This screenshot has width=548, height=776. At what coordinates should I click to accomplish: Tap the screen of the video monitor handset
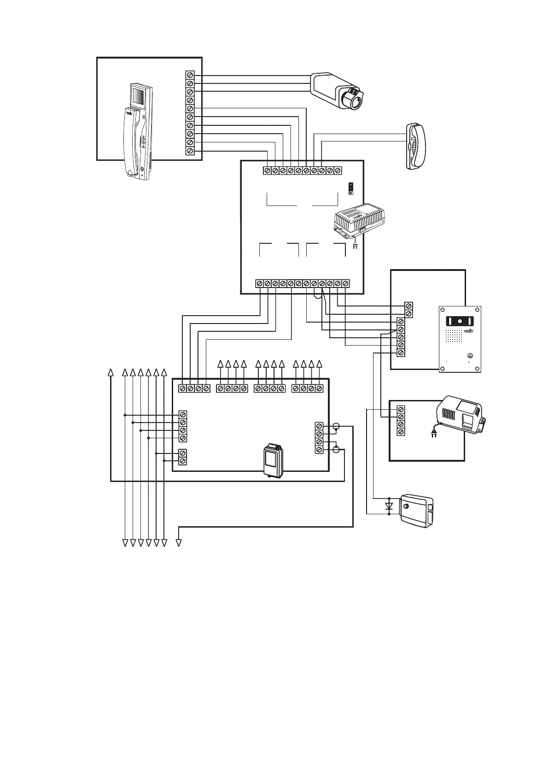138,97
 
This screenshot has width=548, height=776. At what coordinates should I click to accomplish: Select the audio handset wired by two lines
416,146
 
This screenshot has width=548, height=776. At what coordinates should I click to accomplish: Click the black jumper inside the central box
351,188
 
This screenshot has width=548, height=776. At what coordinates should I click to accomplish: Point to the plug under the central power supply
355,246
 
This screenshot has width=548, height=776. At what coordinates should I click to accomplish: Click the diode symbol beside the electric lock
389,506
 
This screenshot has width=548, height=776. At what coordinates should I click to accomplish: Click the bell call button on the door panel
470,355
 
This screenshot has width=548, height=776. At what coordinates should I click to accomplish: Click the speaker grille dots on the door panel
454,336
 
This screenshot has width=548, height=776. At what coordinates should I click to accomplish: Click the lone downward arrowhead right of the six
179,543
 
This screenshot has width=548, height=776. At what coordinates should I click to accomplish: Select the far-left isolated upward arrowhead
111,372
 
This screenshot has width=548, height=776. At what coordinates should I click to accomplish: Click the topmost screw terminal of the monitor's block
190,75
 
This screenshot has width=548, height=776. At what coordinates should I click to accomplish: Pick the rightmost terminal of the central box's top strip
338,170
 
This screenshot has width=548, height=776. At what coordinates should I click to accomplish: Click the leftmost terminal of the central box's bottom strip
259,283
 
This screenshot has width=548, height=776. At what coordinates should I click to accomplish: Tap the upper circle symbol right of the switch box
336,427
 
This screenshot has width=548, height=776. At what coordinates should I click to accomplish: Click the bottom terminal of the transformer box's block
401,432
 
